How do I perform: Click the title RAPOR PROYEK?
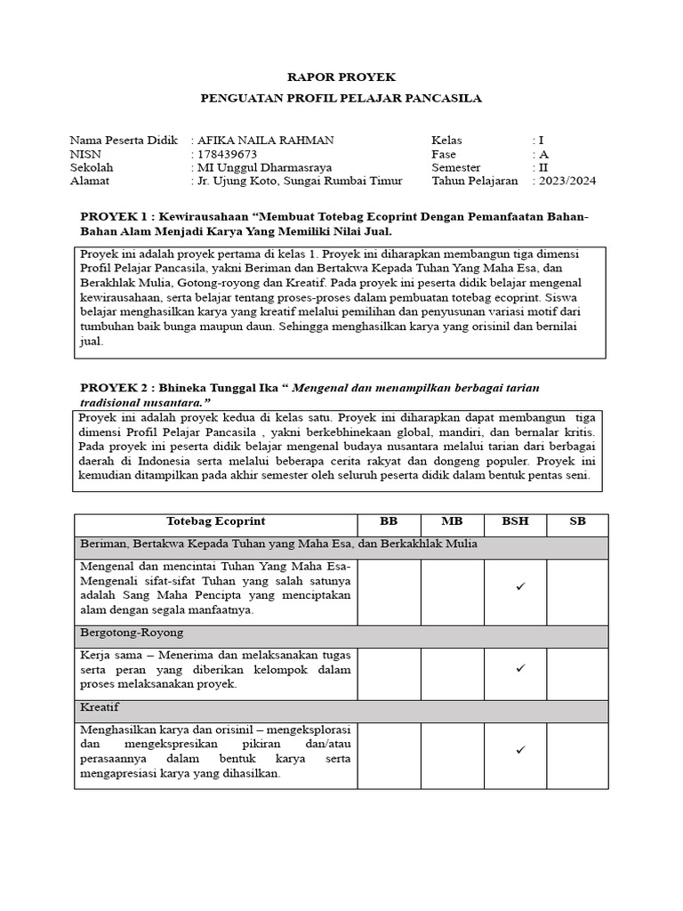pyautogui.click(x=341, y=78)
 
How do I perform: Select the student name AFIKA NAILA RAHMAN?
pyautogui.click(x=266, y=141)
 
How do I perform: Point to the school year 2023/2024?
pyautogui.click(x=567, y=181)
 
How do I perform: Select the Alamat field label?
pyautogui.click(x=90, y=181)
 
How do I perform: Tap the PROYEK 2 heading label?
pyautogui.click(x=116, y=389)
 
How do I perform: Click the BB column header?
pyautogui.click(x=389, y=520)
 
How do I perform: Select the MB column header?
pyautogui.click(x=452, y=520)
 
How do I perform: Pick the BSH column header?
pyautogui.click(x=515, y=520)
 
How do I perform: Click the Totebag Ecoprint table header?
pyautogui.click(x=216, y=520)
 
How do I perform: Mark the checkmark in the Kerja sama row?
pyautogui.click(x=520, y=668)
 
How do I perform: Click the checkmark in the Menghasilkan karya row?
pyautogui.click(x=520, y=751)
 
